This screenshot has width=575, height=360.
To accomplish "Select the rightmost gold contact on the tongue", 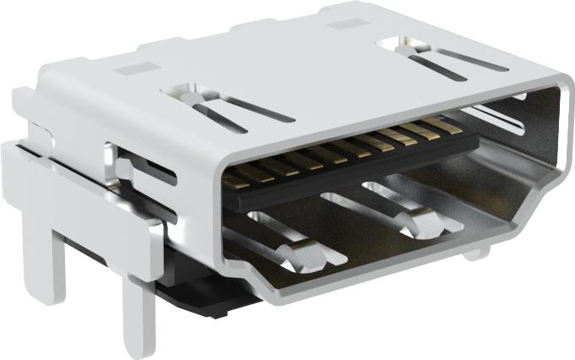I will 442,127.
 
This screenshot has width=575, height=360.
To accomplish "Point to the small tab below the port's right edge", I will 477,252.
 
